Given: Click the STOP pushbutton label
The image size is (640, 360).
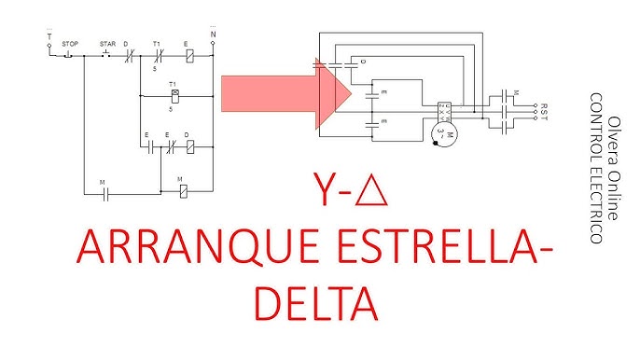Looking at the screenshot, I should click(70, 44).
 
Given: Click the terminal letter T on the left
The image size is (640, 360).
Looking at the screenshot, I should click(49, 37).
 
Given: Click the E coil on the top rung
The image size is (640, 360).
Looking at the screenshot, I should click(189, 56).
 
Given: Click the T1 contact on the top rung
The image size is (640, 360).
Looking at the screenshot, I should click(158, 56).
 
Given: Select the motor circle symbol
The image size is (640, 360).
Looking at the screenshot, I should click(452, 137).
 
